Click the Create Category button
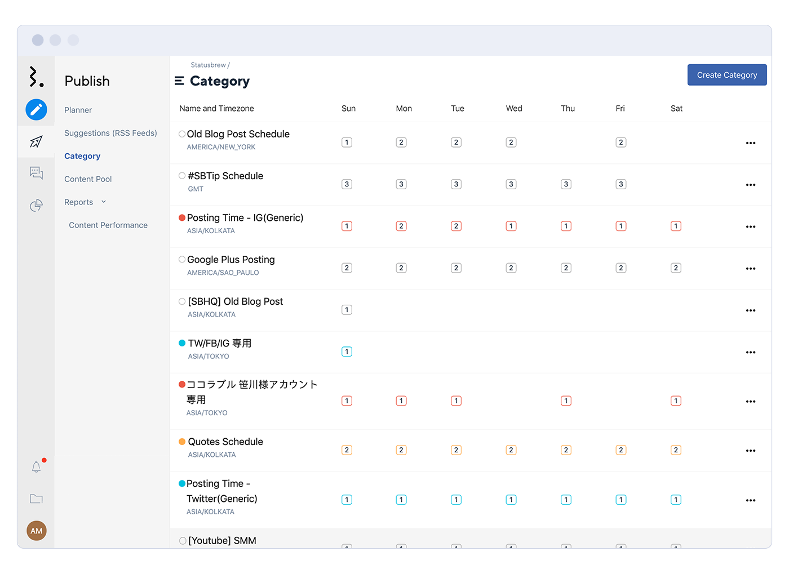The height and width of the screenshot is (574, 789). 726,75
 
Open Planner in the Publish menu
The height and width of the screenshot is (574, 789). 78,110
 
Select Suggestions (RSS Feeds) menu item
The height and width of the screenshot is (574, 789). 110,133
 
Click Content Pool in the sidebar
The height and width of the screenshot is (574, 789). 88,179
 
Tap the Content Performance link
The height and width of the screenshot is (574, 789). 108,225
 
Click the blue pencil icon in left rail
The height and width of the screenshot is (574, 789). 36,109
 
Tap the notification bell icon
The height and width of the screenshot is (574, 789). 36,466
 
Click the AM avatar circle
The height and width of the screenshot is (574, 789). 37,531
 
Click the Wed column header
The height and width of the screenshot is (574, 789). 513,109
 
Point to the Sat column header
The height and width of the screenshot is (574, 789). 676,109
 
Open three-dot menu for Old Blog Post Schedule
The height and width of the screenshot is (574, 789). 750,143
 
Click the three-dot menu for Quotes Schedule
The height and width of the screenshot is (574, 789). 750,451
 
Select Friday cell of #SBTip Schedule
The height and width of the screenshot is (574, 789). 620,184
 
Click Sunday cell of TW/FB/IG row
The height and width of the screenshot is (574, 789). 347,351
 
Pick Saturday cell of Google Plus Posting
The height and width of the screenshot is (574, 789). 676,268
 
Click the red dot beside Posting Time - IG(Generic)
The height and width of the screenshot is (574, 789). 182,217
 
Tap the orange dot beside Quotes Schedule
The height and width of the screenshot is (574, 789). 182,442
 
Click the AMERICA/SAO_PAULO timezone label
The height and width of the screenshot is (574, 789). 223,273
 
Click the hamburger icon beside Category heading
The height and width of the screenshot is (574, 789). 179,81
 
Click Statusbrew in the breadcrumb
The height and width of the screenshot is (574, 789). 207,65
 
